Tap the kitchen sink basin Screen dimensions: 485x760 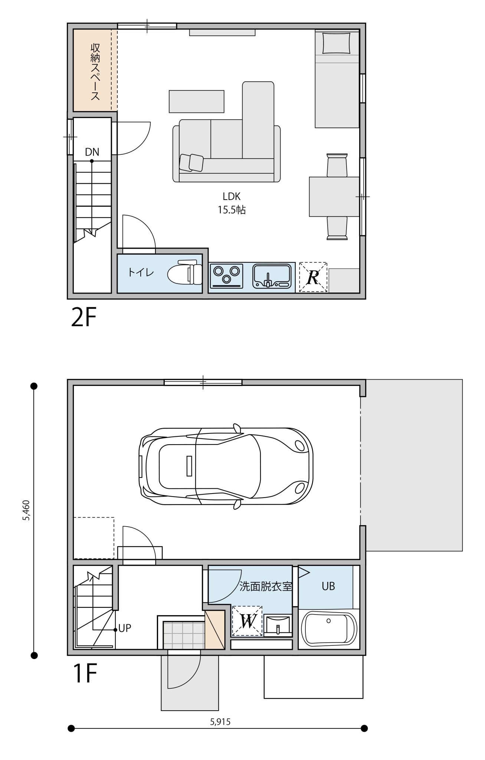point(272,275)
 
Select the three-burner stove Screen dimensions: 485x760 point(226,276)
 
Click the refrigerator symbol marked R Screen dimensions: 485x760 point(313,277)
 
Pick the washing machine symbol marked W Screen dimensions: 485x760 point(247,621)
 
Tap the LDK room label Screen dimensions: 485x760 point(232,197)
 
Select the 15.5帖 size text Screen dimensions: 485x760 point(232,210)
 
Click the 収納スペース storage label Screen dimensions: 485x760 point(95,72)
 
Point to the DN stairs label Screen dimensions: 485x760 point(92,152)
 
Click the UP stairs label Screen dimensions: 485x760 point(125,628)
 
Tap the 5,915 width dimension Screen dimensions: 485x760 point(220,722)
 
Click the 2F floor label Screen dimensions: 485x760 point(84,317)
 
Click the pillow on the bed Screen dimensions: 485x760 point(337,43)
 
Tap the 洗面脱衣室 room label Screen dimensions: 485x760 point(266,586)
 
